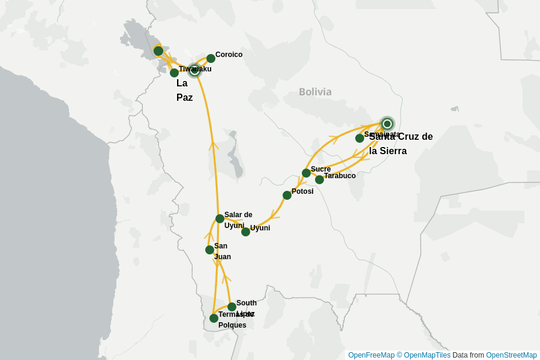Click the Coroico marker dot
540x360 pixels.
point(211,58)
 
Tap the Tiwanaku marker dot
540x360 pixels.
point(174,73)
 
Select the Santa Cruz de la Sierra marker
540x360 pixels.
point(387,124)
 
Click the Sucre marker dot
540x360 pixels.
point(306,173)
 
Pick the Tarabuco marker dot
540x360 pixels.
point(319,179)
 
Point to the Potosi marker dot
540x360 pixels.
point(287,195)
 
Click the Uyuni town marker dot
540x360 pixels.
point(245,232)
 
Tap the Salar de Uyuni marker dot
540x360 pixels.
point(220,218)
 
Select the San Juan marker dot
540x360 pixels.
point(209,250)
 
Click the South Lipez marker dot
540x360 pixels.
point(232,307)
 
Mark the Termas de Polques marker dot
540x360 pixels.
point(214,318)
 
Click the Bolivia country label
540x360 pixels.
point(315,92)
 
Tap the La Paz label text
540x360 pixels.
point(184,90)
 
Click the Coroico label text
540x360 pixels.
point(229,55)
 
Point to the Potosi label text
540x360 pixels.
point(302,191)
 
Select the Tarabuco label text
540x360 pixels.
point(340,176)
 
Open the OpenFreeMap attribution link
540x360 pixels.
point(371,355)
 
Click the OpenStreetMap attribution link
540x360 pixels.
point(511,355)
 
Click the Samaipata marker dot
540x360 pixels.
point(359,138)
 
